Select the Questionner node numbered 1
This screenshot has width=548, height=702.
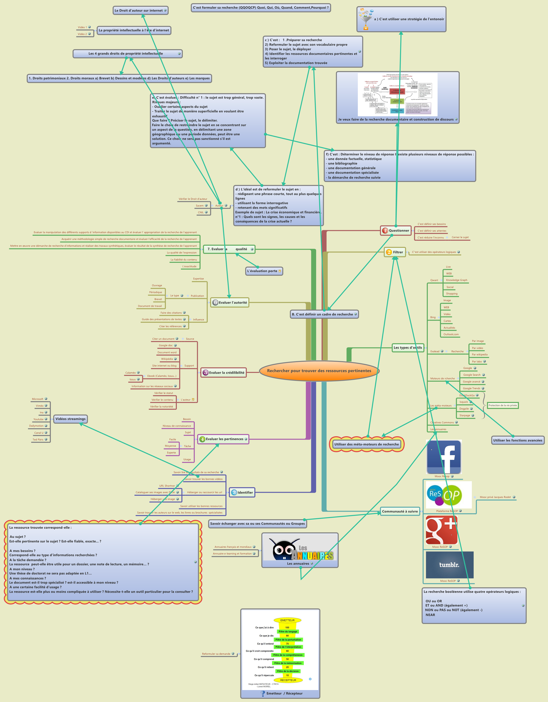[396, 231]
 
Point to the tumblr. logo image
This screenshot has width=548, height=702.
[450, 565]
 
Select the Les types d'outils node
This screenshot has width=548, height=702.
[407, 347]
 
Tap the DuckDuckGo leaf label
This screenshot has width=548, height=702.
[467, 395]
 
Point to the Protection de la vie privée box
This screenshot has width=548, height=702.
[502, 405]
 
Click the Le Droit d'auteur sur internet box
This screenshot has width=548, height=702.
[140, 11]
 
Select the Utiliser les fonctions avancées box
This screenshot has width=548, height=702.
[518, 440]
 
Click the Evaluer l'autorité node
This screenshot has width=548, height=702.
[230, 302]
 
